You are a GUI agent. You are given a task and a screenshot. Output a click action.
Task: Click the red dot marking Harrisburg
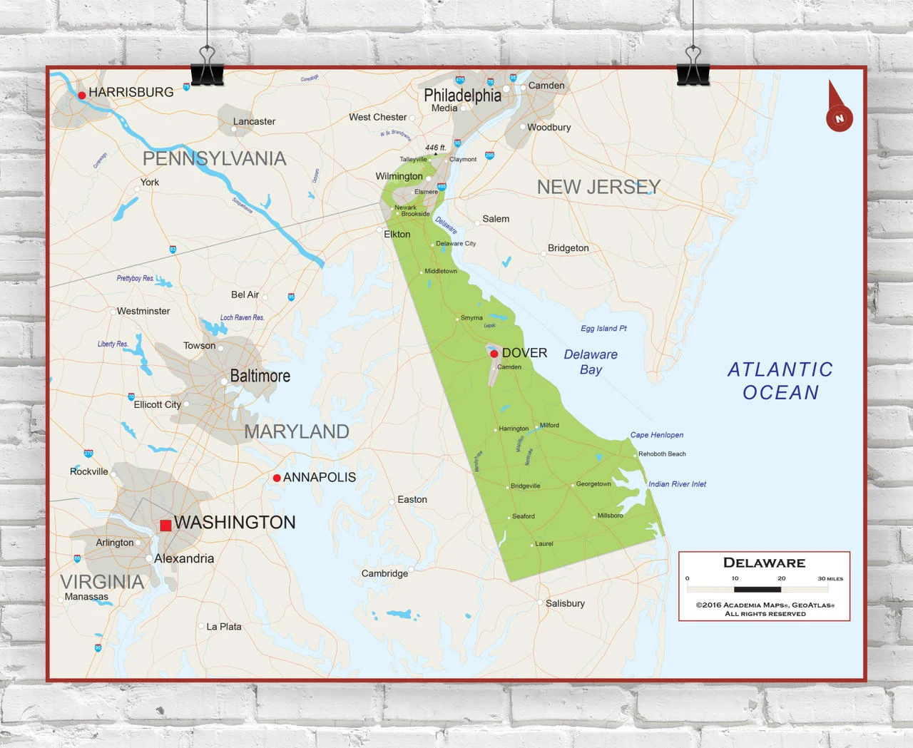point(82,95)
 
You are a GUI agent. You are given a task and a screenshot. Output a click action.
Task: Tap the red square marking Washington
point(165,526)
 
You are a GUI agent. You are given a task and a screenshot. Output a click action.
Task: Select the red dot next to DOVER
point(494,354)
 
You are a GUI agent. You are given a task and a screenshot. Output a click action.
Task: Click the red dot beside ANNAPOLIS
point(277,478)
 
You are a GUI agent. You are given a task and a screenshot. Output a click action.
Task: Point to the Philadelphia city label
point(462,96)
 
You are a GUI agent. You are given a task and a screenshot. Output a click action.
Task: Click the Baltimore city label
point(260,376)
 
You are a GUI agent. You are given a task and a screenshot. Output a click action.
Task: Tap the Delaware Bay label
point(591,362)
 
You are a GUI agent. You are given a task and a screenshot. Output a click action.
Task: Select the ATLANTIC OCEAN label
point(780,381)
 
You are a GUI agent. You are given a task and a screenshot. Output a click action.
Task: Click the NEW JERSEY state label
point(598,187)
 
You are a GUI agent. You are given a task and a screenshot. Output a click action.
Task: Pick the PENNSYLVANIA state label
point(214,158)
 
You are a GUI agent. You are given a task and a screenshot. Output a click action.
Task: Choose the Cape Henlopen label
point(656,435)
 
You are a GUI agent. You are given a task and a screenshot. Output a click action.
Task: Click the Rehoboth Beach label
point(662,454)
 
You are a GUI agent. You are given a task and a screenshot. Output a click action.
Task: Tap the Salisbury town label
point(565,603)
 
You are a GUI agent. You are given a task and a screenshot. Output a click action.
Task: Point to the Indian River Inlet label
point(677,484)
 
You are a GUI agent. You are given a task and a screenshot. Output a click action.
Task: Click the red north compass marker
point(839,118)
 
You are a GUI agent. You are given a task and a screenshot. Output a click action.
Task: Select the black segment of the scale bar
point(758,589)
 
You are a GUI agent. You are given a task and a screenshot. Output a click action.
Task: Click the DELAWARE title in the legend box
point(764,563)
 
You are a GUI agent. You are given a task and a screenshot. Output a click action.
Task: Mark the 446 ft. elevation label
point(435,148)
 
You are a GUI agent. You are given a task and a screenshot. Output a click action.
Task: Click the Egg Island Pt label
point(603,329)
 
